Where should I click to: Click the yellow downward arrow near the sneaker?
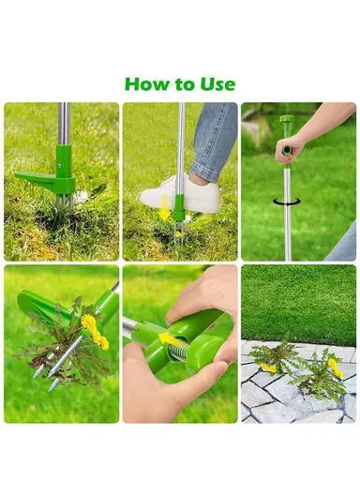166,208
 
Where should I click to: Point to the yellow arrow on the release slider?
168,337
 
